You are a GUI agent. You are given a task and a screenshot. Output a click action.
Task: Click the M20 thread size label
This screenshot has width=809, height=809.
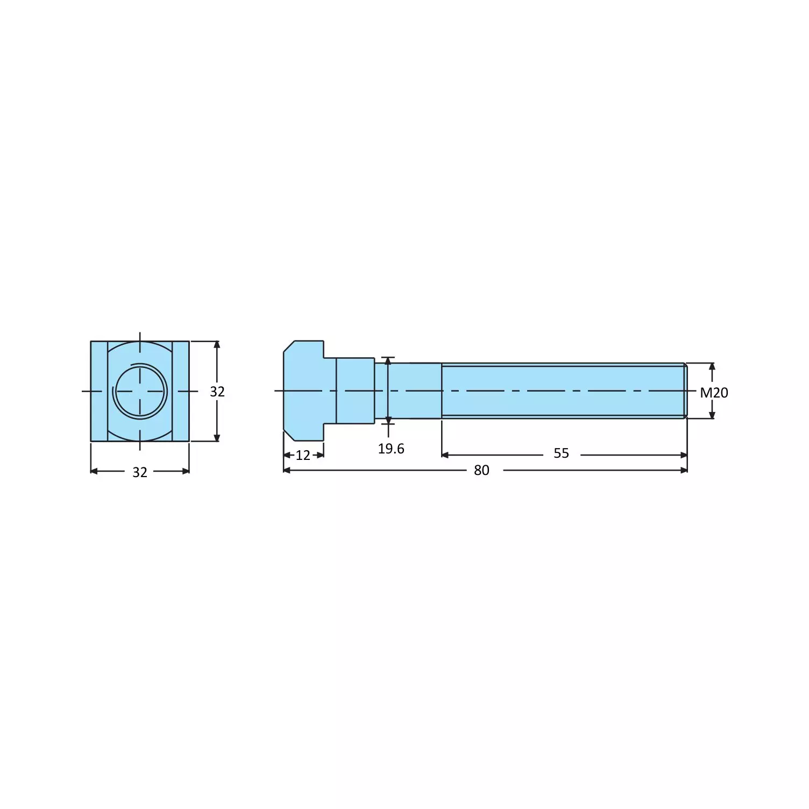coord(714,393)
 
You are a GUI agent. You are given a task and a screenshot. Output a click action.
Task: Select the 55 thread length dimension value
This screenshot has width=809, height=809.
coord(561,453)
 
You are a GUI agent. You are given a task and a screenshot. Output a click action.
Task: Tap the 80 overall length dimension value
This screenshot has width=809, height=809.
coord(481,470)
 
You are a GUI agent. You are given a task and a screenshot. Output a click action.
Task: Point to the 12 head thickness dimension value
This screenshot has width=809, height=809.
coord(303,455)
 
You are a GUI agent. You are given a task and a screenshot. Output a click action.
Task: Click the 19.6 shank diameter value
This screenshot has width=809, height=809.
coord(391,449)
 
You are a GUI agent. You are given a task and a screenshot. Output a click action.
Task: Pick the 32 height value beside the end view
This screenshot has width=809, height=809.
coord(217,392)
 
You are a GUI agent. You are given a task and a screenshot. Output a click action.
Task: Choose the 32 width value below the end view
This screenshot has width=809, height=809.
coord(140,472)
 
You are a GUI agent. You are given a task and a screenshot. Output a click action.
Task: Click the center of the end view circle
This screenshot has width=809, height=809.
coord(140,391)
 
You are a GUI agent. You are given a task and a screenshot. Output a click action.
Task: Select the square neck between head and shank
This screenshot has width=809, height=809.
coord(355,391)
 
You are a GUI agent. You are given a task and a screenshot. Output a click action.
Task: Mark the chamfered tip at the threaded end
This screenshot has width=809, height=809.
coord(685,391)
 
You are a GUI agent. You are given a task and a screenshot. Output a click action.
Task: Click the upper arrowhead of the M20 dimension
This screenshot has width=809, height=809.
coord(712,366)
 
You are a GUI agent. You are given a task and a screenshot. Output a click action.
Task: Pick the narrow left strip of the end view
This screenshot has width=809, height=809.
coord(99,391)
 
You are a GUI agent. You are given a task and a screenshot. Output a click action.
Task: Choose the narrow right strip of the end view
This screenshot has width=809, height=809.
coord(181,391)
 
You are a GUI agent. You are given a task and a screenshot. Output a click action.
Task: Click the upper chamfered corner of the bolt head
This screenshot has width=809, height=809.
coord(288,346)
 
